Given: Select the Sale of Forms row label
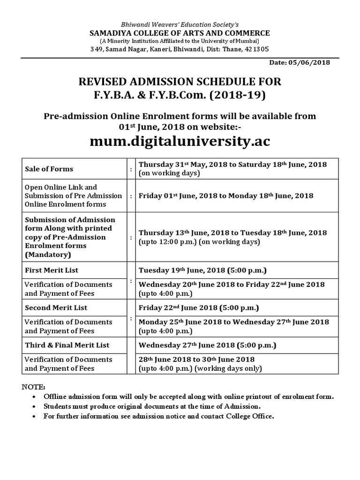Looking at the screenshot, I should click(49, 169).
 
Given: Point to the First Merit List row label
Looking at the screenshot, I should click(52, 270).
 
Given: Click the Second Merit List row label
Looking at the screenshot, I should click(56, 307).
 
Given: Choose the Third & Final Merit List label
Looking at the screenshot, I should click(67, 345).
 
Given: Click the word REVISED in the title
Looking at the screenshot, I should click(102, 82).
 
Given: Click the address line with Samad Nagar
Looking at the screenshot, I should click(180, 49).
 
